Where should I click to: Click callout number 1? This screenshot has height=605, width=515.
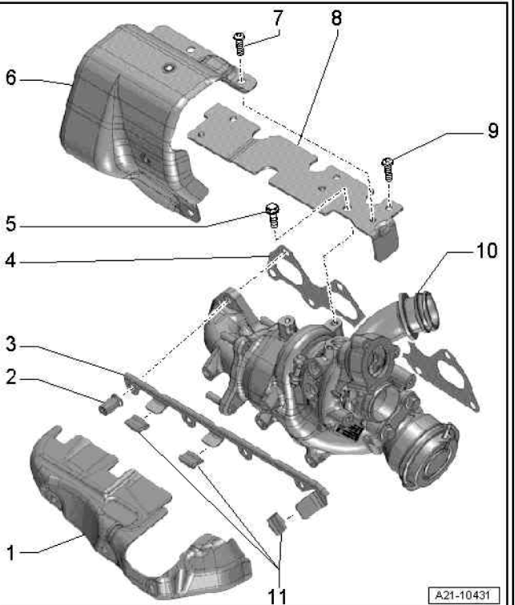point(10,551)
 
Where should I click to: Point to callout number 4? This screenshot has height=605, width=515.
point(10,260)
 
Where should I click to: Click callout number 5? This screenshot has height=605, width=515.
point(10,226)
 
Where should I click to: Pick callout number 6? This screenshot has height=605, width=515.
point(10,79)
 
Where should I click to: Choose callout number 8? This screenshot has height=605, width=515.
point(335,15)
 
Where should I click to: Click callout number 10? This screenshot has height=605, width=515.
point(489,251)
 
